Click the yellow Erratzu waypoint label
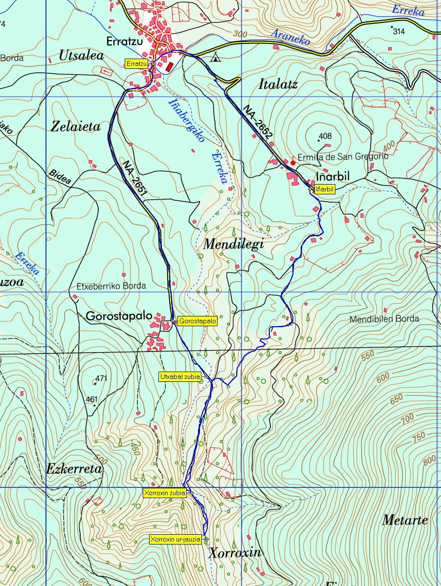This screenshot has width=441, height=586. point(137,64)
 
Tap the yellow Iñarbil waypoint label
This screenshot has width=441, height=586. point(325,189)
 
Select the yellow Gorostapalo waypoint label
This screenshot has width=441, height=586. point(198,321)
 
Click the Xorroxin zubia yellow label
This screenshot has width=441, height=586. point(165,493)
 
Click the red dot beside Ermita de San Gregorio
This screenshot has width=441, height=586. point(293,163)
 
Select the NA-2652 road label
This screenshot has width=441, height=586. point(258,126)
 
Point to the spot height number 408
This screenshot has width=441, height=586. point(325,136)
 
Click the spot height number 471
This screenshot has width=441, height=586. point(101,378)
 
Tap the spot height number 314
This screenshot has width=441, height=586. point(399,31)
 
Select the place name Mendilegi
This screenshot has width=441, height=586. point(233,244)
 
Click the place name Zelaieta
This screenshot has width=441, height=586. point(76,127)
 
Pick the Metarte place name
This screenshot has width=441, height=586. point(404,520)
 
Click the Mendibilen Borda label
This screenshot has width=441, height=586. point(384,319)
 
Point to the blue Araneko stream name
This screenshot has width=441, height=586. point(291,37)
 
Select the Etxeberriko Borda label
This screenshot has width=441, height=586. point(111,286)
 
